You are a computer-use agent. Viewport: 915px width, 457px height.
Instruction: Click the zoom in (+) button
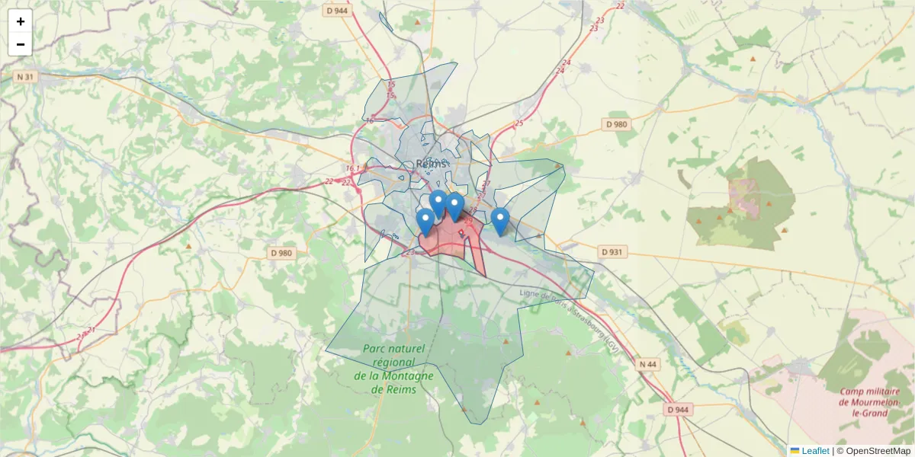pos(21,21)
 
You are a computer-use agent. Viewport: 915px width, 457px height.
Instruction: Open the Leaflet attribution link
pos(815,451)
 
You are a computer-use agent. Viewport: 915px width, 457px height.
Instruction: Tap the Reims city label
pos(432,164)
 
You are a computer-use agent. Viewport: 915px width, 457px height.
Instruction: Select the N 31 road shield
pos(25,77)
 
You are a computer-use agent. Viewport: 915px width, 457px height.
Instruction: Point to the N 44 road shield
pos(647,364)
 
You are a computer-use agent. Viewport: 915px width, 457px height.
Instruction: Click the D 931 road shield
pos(612,251)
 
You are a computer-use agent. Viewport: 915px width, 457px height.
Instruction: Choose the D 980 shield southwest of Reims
pos(281,253)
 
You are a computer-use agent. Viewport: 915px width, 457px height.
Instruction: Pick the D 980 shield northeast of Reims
pos(615,124)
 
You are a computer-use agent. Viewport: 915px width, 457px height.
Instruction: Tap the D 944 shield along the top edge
pos(336,11)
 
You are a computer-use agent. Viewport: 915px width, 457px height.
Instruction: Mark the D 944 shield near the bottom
pos(677,410)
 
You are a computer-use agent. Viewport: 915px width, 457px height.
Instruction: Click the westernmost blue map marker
pos(425,222)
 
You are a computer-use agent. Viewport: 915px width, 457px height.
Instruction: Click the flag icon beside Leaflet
pos(795,451)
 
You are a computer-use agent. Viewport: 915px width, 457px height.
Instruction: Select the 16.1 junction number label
pos(352,169)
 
